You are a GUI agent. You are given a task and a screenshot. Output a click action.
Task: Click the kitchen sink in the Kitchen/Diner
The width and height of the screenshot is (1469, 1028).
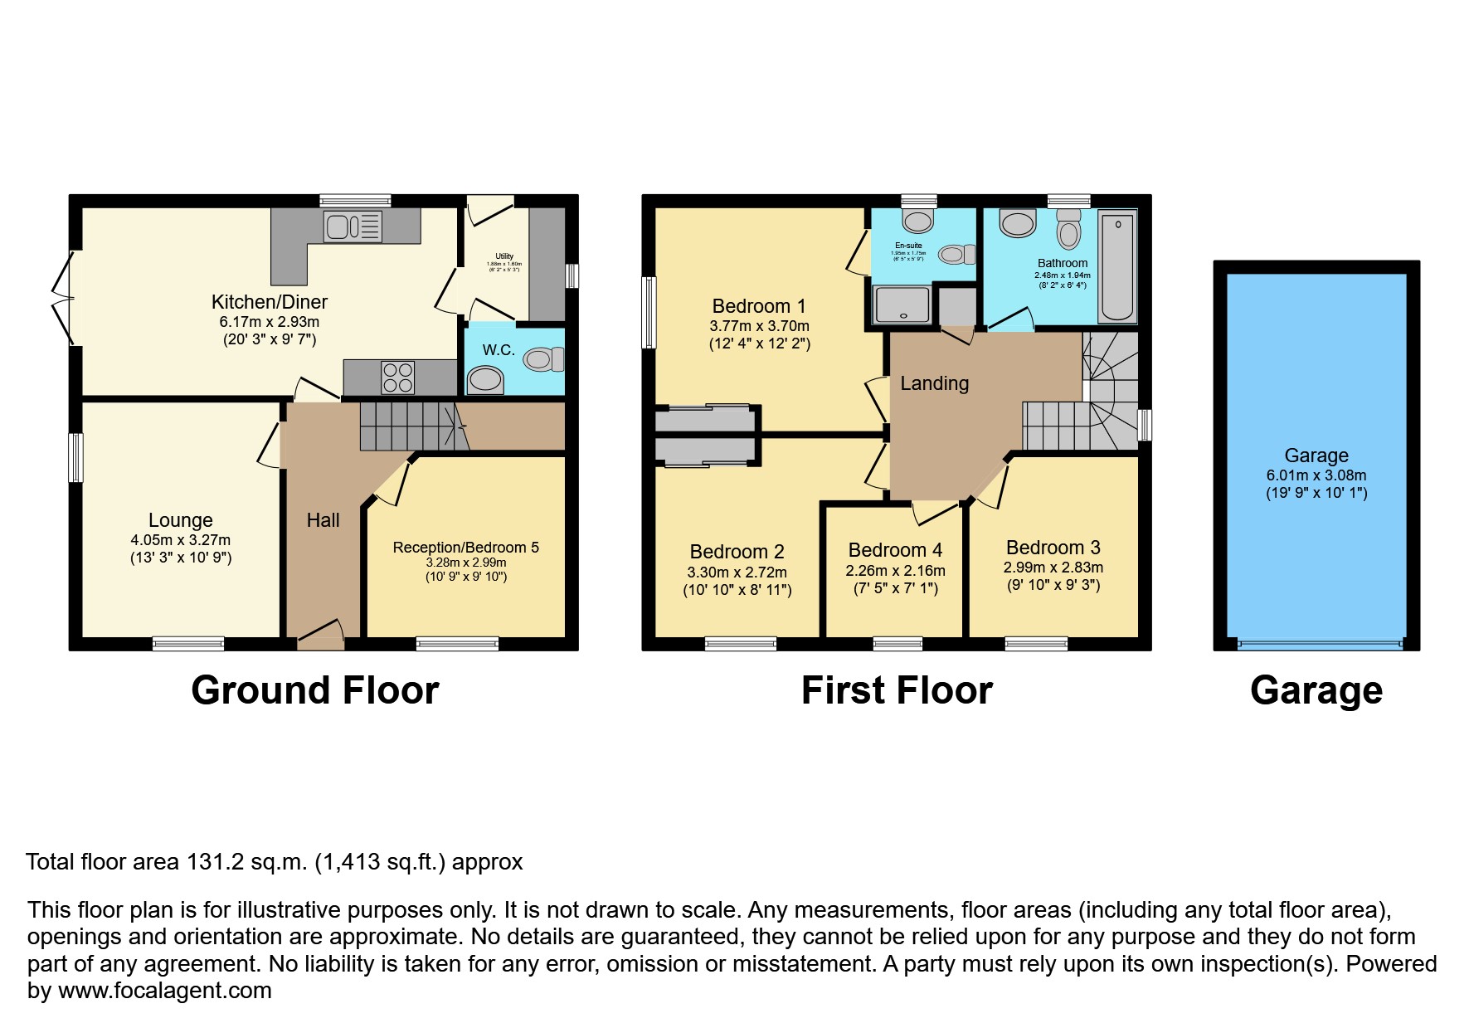353,226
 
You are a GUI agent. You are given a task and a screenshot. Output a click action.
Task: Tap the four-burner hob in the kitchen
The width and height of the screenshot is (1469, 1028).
398,377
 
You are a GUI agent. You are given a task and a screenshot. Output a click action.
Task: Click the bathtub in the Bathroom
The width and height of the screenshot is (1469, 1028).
1117,266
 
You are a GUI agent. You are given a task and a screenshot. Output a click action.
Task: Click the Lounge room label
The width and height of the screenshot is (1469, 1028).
181,520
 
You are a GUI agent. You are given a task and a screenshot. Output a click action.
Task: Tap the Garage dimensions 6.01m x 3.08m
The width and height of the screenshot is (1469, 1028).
1316,475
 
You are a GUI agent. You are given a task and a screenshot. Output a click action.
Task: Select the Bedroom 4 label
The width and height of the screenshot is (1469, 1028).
895,550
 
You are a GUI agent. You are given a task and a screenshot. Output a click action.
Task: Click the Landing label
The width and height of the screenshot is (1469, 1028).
935,383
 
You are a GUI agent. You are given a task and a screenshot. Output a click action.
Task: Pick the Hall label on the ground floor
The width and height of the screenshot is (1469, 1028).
323,520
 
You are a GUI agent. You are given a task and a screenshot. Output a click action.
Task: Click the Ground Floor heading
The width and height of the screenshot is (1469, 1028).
315,690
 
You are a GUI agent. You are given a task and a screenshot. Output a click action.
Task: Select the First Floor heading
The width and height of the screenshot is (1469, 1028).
897,690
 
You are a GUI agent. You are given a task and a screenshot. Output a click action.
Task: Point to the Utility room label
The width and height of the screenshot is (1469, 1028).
504,256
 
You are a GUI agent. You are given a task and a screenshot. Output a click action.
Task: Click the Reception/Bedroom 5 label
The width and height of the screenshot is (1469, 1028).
466,547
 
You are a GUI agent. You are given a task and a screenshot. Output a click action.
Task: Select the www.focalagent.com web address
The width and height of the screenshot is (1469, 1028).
165,991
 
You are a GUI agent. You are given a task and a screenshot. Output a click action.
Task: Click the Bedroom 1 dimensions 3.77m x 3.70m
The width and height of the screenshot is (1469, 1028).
759,326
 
